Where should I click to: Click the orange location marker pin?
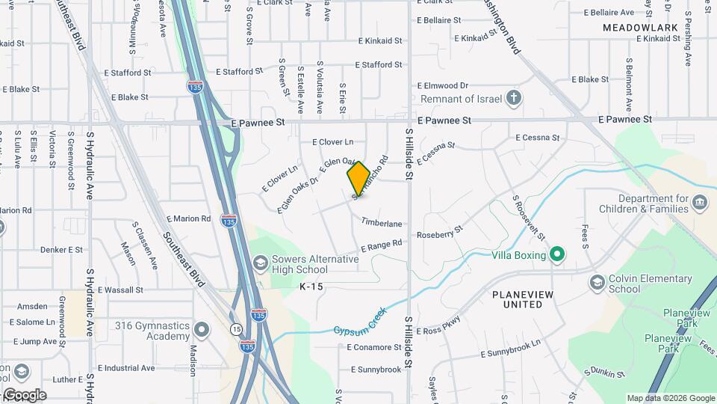tap(358, 178)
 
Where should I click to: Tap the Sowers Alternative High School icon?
tap(260, 263)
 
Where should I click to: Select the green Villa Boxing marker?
tap(556, 254)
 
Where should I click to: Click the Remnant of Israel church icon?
tap(513, 98)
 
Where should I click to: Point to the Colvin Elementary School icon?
tap(597, 283)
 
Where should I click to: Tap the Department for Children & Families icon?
tap(700, 202)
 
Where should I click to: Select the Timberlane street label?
tap(382, 223)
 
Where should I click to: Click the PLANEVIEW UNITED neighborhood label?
tap(523, 299)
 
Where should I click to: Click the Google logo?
tap(24, 394)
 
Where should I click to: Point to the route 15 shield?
tap(236, 329)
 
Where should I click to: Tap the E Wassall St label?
tap(117, 290)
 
